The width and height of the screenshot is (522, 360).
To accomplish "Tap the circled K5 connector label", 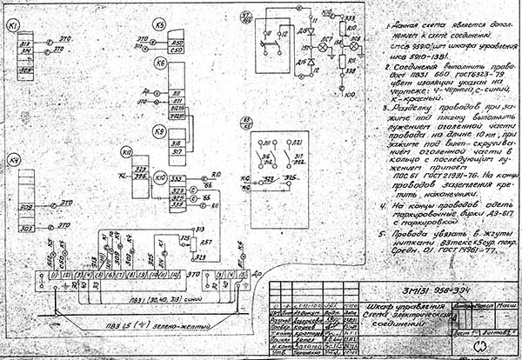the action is click(x=159, y=27).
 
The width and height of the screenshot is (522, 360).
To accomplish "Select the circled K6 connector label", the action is click(x=159, y=63).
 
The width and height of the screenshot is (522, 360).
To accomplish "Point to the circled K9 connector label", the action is click(x=159, y=131).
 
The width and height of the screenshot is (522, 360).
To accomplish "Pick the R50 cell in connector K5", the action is click(x=177, y=42).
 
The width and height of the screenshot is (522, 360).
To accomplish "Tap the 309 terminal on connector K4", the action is click(x=27, y=208).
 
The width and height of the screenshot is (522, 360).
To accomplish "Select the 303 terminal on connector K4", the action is click(x=27, y=228).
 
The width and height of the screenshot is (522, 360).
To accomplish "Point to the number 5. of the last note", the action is click(x=383, y=233).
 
